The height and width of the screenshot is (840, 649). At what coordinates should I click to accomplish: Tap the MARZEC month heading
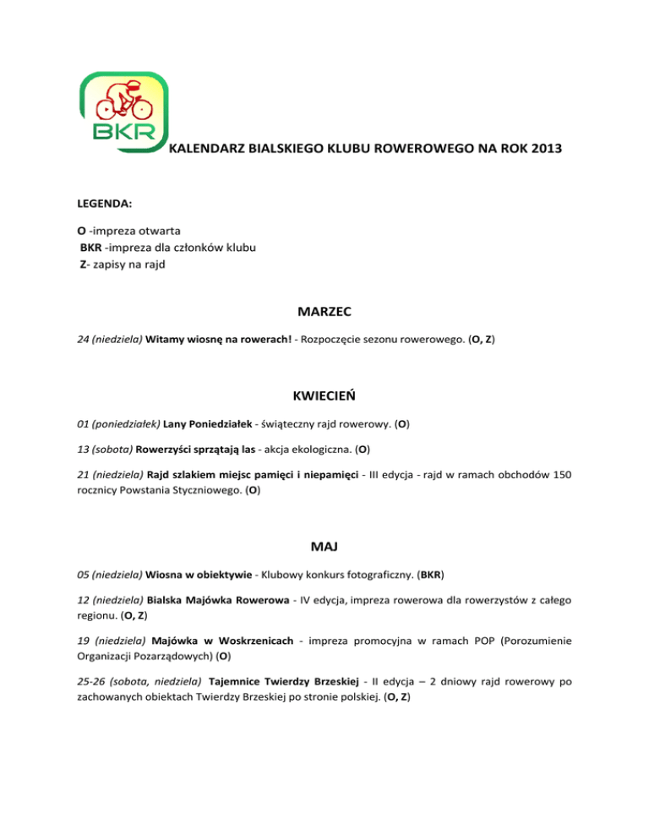324,312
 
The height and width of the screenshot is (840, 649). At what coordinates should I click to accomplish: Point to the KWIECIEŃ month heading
324,394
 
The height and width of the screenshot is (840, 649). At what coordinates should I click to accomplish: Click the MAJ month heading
324,550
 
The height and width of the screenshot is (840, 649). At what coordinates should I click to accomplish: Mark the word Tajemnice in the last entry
233,680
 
